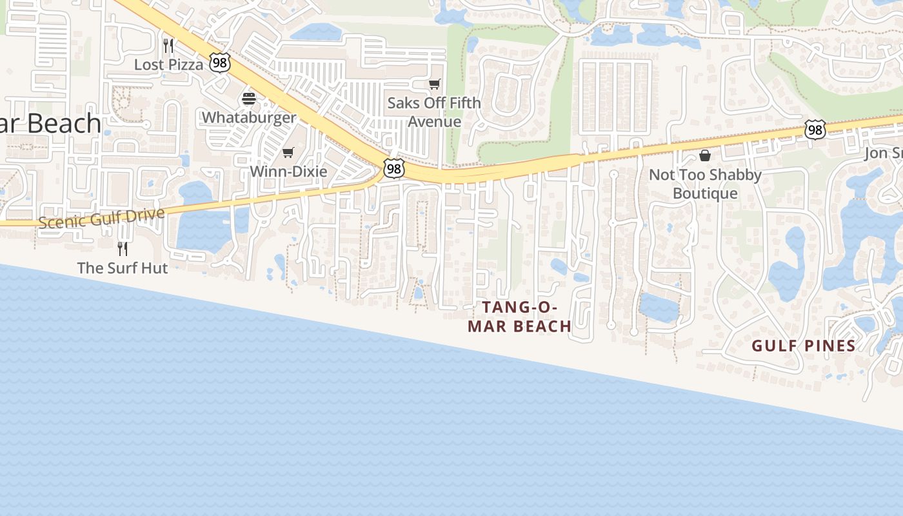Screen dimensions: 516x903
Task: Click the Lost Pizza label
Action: click(x=168, y=64)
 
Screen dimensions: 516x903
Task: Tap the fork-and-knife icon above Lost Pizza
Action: click(x=168, y=45)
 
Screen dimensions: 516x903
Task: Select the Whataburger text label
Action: click(x=249, y=117)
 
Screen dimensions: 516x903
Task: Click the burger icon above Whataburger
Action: click(x=249, y=99)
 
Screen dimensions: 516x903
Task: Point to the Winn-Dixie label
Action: click(x=288, y=172)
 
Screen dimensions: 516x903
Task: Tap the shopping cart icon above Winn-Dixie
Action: click(x=288, y=153)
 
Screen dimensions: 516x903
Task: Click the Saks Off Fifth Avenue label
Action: click(x=434, y=112)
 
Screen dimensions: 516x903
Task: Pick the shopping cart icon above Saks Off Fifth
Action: click(x=435, y=84)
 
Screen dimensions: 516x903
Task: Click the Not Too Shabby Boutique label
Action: click(x=705, y=184)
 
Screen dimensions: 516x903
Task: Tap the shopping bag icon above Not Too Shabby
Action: click(x=705, y=155)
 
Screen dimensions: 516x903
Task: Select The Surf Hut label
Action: click(x=123, y=268)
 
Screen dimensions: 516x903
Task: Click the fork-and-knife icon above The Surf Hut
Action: click(x=123, y=248)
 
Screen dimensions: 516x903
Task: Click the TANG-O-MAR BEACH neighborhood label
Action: click(x=520, y=317)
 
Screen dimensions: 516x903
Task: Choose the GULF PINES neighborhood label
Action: click(x=804, y=346)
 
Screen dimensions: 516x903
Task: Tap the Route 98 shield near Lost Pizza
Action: click(x=220, y=63)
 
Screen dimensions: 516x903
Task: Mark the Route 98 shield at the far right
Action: click(x=815, y=130)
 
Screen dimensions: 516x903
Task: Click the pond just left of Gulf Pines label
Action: click(x=788, y=264)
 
